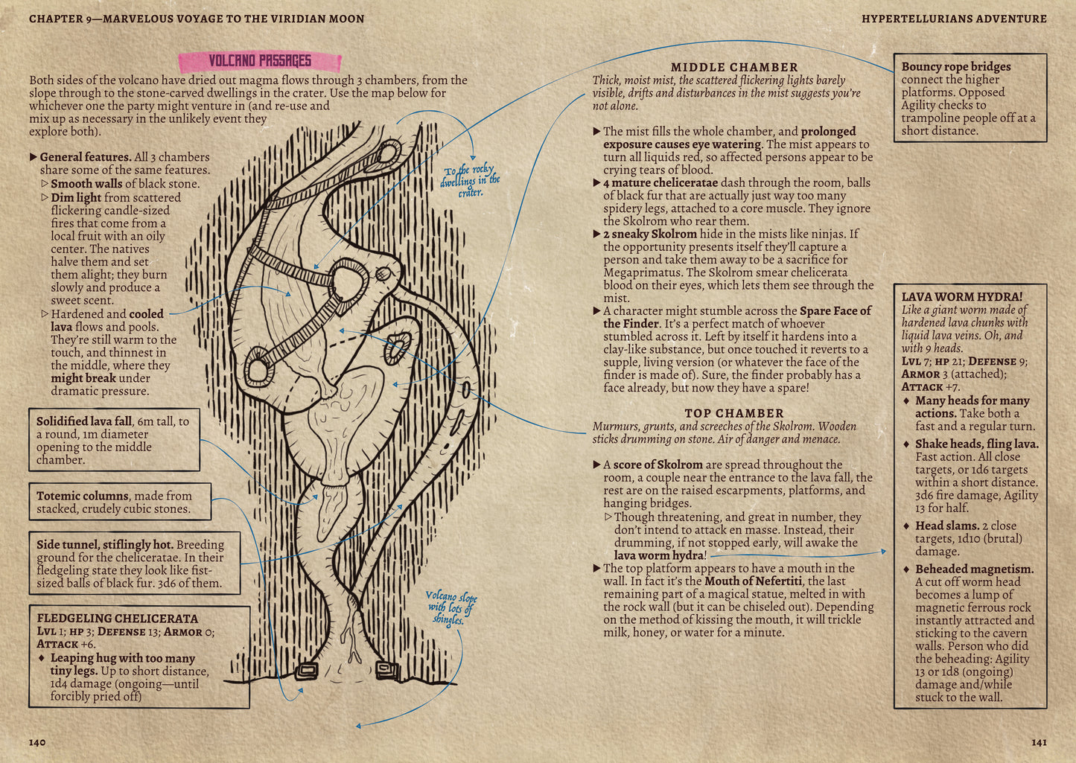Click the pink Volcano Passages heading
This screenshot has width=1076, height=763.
coord(260,61)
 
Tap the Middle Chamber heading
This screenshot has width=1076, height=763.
coord(734,67)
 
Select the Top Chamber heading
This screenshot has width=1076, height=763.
coord(733,413)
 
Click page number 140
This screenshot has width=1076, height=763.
coord(37,742)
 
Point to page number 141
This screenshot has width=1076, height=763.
coord(1039,742)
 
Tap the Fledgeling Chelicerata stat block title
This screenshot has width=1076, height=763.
coord(117,619)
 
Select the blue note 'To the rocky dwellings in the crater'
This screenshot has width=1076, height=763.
coord(470,182)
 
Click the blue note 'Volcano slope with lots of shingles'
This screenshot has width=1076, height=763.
coord(451,608)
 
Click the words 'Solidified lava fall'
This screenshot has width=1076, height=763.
coord(84,421)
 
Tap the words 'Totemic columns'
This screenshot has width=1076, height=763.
coord(83,496)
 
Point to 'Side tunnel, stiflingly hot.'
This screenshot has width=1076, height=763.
coord(105,544)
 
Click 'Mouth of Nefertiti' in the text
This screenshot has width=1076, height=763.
coord(754,581)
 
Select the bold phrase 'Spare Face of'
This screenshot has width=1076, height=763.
coord(835,310)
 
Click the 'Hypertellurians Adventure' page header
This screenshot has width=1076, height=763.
coord(954,19)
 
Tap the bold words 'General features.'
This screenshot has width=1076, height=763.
coord(86,157)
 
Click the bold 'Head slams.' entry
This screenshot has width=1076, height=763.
coord(946,526)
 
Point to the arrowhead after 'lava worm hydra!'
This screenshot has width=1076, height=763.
coord(883,552)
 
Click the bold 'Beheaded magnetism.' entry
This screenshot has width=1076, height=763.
coord(975,569)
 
